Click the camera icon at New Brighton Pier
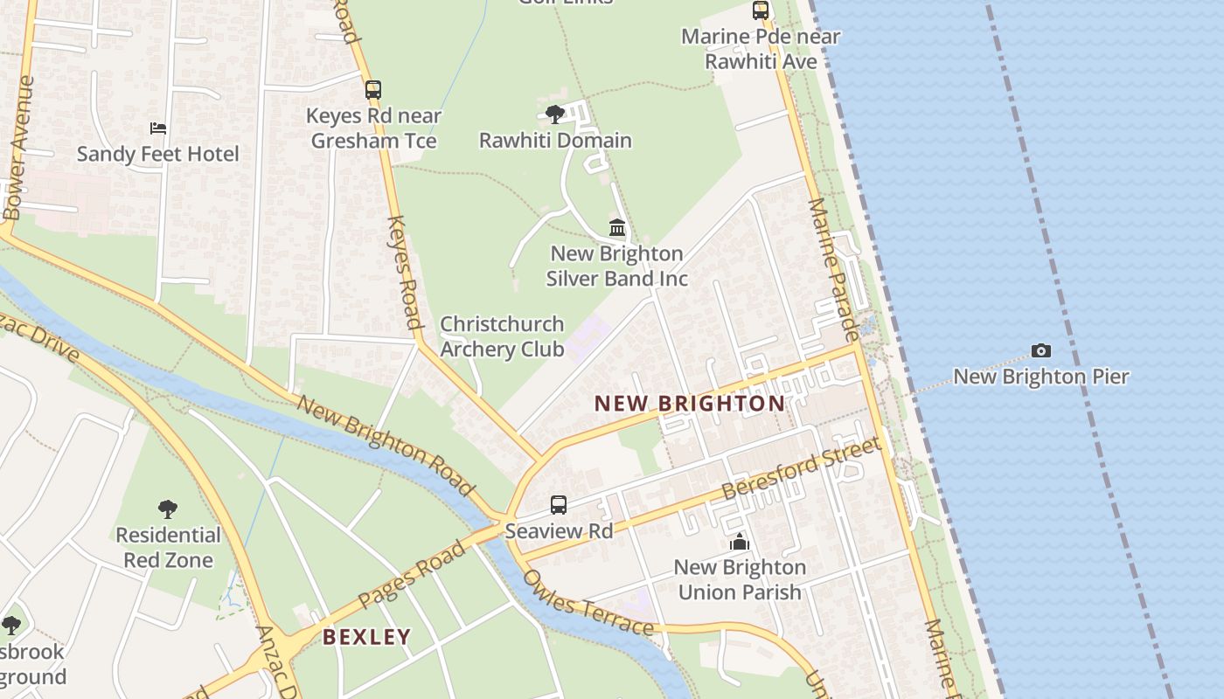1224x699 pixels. tap(1040, 350)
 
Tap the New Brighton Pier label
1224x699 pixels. tap(1040, 377)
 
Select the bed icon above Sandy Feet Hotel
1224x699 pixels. tap(158, 128)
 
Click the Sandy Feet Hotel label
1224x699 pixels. tap(157, 154)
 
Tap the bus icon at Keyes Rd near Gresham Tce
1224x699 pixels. tap(373, 89)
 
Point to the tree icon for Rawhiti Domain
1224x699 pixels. tap(554, 114)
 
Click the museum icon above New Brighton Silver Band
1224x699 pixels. tap(617, 228)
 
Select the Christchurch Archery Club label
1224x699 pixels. tap(502, 336)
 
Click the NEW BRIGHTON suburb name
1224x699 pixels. tap(690, 404)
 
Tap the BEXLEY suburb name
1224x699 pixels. tap(366, 637)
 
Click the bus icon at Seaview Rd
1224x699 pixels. tap(559, 505)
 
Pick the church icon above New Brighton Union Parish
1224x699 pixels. tap(740, 542)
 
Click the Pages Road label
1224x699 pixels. tap(413, 573)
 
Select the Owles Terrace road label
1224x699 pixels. tap(588, 604)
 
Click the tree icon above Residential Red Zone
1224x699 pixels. tap(168, 509)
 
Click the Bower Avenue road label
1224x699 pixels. tap(18, 149)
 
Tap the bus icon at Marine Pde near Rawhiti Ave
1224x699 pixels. tap(761, 10)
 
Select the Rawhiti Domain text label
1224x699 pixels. tap(555, 140)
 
